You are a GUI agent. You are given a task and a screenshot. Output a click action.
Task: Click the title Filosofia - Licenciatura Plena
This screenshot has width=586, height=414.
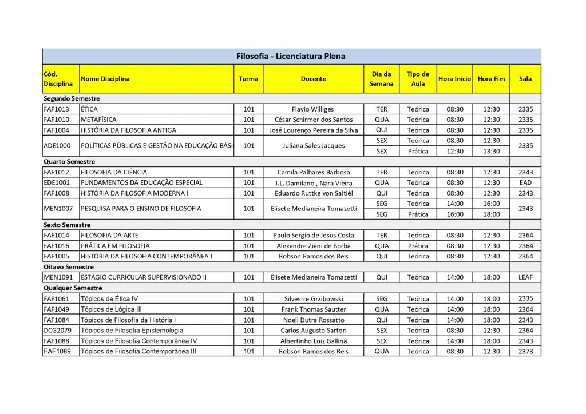(x=291, y=56)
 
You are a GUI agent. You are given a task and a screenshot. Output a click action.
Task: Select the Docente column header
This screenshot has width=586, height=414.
(x=313, y=79)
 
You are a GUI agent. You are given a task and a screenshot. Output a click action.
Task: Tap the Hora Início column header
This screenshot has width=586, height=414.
(x=454, y=79)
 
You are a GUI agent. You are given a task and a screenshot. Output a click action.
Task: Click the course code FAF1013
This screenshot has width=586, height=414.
(x=56, y=109)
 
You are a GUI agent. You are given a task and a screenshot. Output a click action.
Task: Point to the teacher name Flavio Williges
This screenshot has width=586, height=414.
(x=312, y=109)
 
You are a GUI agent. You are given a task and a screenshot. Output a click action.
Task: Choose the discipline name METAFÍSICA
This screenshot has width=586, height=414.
(x=98, y=120)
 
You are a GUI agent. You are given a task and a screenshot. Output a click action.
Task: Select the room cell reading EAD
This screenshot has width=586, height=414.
(x=525, y=182)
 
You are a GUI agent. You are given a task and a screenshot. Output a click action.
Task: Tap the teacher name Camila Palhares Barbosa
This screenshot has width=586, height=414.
(x=313, y=172)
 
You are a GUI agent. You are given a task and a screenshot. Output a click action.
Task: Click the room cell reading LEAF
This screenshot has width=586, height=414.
(x=525, y=277)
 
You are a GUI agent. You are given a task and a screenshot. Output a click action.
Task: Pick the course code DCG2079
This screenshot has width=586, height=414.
(x=57, y=331)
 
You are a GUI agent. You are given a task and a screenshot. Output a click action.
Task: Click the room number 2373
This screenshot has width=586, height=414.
(x=525, y=351)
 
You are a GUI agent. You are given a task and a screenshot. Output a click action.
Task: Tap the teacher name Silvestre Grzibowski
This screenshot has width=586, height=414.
(x=312, y=299)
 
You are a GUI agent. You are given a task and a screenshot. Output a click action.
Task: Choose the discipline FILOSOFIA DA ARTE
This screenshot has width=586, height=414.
(x=109, y=235)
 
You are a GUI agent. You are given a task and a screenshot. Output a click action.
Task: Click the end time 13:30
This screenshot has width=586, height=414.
(x=491, y=151)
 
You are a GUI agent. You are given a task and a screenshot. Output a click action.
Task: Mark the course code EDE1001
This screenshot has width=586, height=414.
(x=56, y=182)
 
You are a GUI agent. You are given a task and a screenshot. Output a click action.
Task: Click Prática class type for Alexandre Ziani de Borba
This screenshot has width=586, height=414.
(x=418, y=246)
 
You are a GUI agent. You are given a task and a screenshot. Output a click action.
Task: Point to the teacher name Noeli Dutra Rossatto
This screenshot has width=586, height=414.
(x=312, y=320)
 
